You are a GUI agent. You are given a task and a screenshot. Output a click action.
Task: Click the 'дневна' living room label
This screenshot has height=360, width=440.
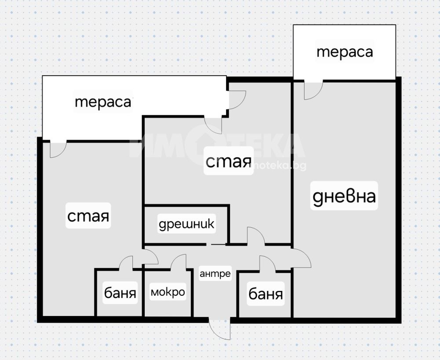pyautogui.click(x=344, y=196)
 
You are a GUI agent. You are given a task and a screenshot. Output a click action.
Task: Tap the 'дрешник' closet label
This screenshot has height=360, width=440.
pyautogui.click(x=187, y=224)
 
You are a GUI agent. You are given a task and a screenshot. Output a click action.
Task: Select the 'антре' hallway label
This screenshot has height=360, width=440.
pyautogui.click(x=215, y=273)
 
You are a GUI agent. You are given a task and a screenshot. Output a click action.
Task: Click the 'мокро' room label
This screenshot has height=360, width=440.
pyautogui.click(x=168, y=292)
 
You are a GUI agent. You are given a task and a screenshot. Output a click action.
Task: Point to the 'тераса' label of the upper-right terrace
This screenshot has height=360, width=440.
pyautogui.click(x=345, y=52)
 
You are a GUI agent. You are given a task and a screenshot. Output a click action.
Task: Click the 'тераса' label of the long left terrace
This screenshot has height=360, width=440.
pyautogui.click(x=103, y=102)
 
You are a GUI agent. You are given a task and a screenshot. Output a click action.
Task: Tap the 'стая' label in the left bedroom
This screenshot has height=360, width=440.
pyautogui.click(x=88, y=216)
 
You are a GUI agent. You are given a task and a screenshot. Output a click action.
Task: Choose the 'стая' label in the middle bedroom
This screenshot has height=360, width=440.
pyautogui.click(x=228, y=161)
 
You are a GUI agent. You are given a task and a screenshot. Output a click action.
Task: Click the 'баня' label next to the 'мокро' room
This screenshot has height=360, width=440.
pyautogui.click(x=120, y=293)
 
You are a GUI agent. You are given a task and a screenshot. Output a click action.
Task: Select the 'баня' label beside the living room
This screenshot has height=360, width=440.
pyautogui.click(x=266, y=294)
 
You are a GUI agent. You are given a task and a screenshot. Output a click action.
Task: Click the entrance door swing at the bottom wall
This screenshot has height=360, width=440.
pyautogui.click(x=220, y=330)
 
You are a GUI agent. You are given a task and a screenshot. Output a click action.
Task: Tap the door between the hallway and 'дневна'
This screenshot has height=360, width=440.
pyautogui.click(x=301, y=258)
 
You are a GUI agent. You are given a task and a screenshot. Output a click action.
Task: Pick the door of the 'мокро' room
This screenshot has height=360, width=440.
pyautogui.click(x=179, y=262)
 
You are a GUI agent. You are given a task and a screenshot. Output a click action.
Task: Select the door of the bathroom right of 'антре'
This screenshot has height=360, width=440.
pyautogui.click(x=268, y=264)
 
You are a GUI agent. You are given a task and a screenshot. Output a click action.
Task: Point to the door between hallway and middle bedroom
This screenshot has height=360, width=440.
pyautogui.click(x=256, y=236)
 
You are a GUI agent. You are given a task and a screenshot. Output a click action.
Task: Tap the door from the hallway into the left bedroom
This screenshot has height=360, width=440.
pyautogui.click(x=150, y=256)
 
